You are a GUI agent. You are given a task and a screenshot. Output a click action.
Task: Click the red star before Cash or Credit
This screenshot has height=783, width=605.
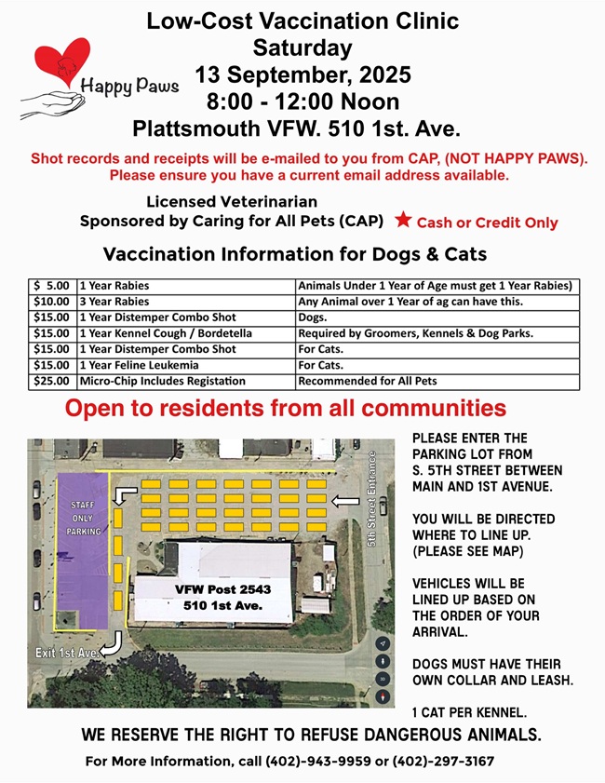[402, 221]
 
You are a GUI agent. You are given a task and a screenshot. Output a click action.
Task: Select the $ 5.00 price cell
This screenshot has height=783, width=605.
[51, 286]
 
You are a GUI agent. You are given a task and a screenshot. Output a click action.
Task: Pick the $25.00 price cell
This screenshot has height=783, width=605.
[51, 381]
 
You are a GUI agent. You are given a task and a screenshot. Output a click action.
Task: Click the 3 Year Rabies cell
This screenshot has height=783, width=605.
[185, 302]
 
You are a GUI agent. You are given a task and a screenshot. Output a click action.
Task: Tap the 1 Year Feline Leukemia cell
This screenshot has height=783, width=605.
[185, 365]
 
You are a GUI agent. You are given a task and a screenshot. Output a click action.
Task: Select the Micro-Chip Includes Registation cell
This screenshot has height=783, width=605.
[185, 381]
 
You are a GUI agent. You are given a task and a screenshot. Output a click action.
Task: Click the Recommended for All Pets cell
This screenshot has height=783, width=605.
[437, 381]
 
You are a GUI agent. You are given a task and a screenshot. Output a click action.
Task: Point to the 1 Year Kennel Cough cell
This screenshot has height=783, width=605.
[185, 333]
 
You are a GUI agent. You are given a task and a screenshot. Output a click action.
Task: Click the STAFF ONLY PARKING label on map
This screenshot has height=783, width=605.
[83, 518]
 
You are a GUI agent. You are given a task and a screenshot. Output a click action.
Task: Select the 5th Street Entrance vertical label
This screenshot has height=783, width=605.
[370, 499]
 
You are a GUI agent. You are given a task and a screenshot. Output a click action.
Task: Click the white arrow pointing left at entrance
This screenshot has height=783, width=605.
[345, 502]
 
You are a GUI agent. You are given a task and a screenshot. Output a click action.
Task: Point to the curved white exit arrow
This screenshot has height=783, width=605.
[111, 643]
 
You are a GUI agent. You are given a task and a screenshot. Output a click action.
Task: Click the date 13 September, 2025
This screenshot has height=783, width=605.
[302, 74]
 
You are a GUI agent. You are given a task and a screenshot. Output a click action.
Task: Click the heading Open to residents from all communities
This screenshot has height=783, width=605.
[286, 409]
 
